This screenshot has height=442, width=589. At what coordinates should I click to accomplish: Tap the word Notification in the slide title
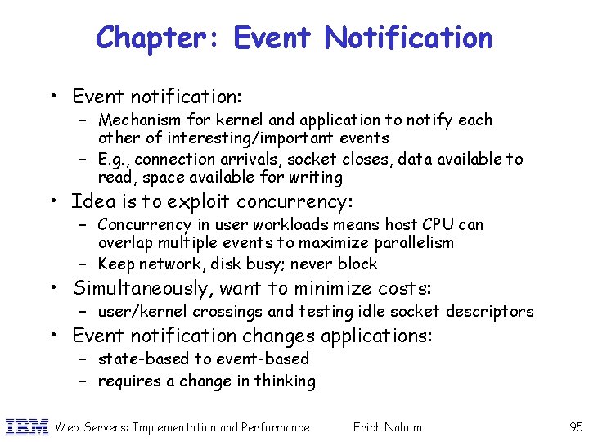[408, 38]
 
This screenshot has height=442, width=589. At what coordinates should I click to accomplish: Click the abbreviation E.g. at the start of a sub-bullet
[115, 159]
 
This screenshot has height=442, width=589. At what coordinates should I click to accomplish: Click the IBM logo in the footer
[26, 426]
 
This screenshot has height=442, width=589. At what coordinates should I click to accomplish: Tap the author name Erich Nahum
[387, 426]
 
